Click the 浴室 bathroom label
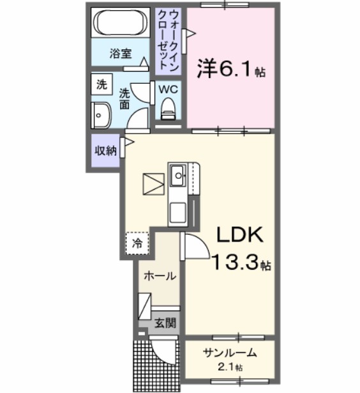point(120,54)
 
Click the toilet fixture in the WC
point(169,109)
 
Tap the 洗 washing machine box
point(101,84)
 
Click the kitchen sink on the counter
point(177,173)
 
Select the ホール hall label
point(160,276)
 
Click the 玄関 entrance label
point(165,323)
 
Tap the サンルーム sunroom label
point(230,353)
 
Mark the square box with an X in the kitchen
point(153,184)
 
